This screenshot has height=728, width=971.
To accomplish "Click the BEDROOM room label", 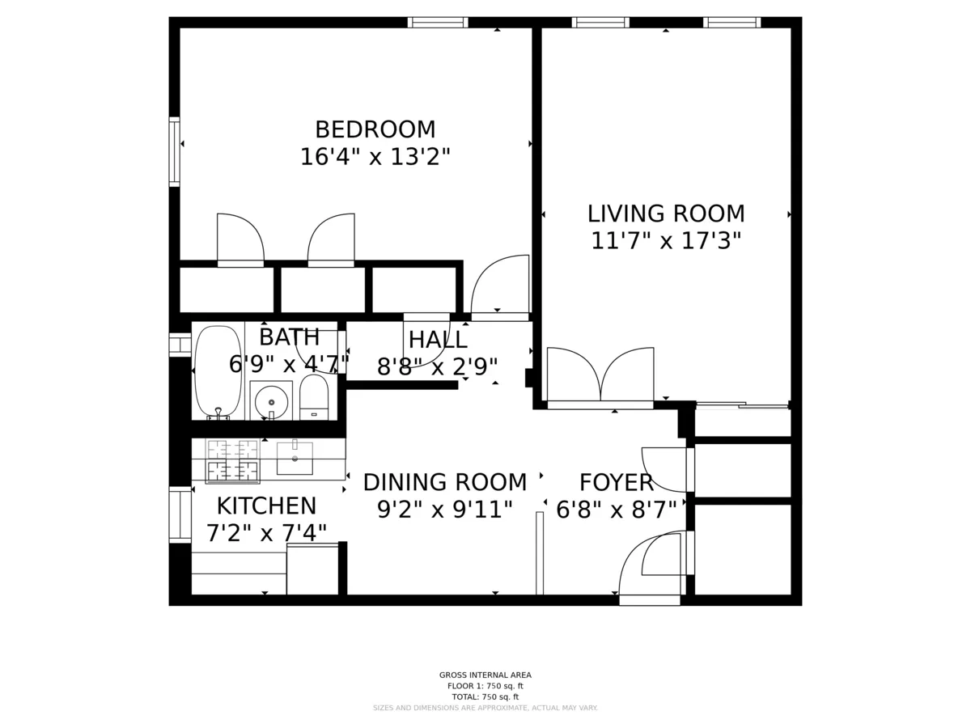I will [375, 129].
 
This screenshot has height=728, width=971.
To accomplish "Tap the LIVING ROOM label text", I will [666, 214].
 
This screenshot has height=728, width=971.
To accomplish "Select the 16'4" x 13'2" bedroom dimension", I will [375, 157].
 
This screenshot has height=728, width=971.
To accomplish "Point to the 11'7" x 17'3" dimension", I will [666, 241].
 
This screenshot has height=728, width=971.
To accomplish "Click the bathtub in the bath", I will [218, 370].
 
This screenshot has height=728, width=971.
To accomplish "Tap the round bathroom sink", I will [271, 401].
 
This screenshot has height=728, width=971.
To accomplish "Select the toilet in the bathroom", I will [314, 397].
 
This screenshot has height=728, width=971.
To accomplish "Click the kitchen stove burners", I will [233, 461].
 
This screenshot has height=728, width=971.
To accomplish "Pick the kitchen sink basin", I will [295, 459].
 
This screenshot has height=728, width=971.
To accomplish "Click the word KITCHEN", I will [266, 506].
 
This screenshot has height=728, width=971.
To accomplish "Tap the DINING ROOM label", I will [444, 483].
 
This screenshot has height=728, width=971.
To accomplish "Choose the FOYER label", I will [617, 483].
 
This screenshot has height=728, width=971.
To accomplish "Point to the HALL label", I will [438, 340].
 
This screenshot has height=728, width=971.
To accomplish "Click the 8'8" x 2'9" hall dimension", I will [438, 368].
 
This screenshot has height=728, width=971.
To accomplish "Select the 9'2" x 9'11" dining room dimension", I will [444, 510].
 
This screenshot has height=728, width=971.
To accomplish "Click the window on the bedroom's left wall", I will [174, 152].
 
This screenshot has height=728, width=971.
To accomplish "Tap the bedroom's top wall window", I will [437, 22].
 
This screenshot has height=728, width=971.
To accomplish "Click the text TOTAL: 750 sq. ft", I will [485, 696].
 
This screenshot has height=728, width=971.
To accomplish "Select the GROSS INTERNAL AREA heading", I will [485, 675].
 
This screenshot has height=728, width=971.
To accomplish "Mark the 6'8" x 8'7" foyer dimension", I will [617, 510].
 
